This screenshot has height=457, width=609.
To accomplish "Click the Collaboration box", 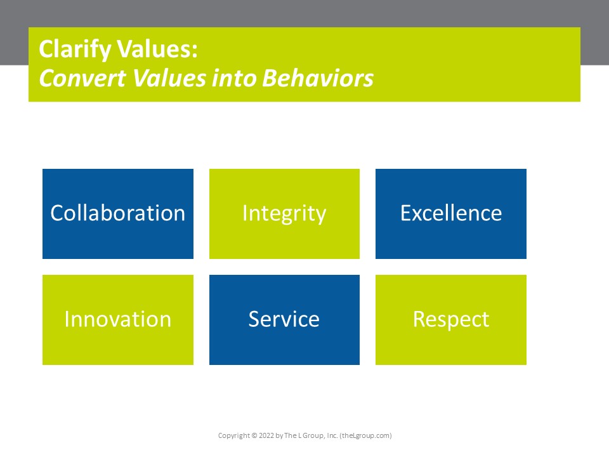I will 118,214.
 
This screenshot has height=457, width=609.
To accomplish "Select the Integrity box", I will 284,214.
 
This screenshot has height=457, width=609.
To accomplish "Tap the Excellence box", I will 450,214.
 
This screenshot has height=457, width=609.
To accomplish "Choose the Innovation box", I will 118,319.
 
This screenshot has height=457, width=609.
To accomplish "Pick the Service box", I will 284,319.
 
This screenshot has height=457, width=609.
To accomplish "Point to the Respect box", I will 450,319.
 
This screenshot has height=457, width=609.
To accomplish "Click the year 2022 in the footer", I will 268,436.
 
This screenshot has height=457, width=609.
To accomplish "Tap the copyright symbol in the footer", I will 254,436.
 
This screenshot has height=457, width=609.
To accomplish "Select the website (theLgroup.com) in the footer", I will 366,436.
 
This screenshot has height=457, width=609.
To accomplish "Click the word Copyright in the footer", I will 233,436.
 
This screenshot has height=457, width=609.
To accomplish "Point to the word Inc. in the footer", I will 331,436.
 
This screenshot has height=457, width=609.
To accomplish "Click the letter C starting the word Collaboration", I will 56,213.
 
